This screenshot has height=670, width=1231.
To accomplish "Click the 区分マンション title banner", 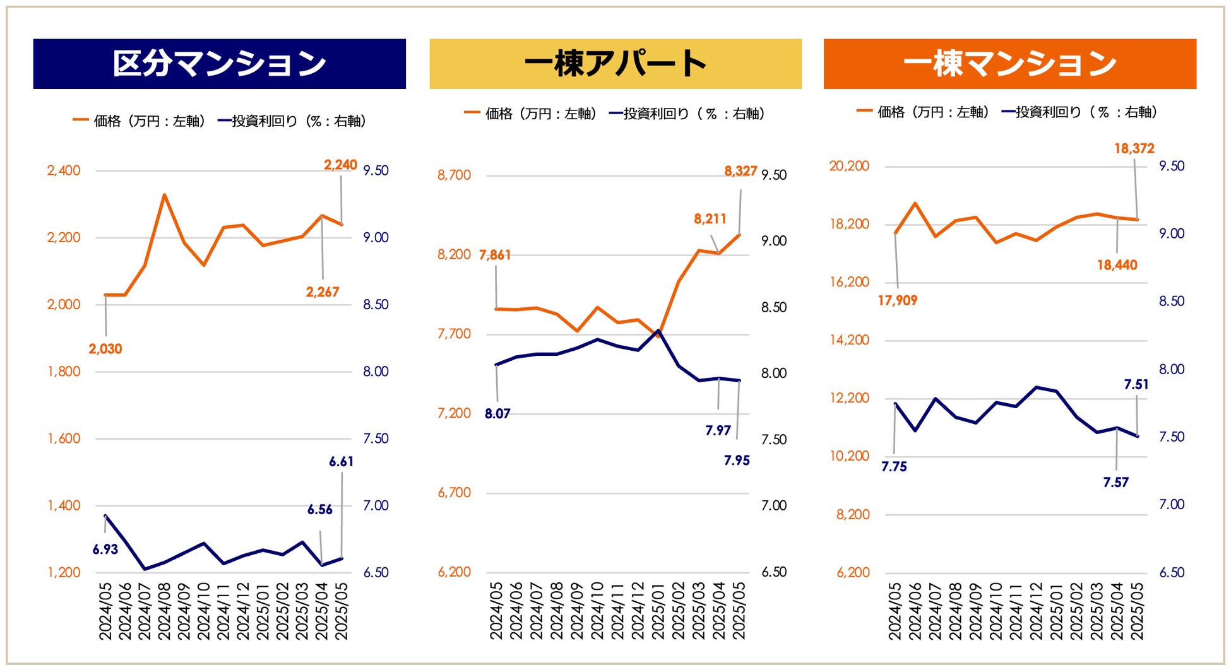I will pos(219,64).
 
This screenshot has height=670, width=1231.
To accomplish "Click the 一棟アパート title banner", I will pos(615,64).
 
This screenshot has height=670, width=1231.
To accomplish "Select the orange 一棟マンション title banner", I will pos(1009,64).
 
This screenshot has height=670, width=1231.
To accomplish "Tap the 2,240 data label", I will pos(340,165).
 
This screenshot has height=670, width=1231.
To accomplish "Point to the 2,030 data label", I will pos(105,349).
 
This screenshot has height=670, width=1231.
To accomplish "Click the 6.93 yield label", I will pos(105,550).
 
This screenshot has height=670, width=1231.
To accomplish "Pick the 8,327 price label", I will pos(740,171).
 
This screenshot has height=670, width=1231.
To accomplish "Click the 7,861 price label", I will pos(495,255).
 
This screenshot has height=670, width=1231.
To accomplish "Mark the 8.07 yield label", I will pos(497,414).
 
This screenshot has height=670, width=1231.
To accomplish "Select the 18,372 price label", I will pos(1134,149).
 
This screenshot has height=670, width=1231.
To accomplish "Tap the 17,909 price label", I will pos(897,301).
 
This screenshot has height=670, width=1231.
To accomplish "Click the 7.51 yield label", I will pos(1136,385).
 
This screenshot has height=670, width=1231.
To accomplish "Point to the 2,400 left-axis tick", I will pos(64,170).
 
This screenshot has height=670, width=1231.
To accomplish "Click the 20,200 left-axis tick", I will pos(849,166).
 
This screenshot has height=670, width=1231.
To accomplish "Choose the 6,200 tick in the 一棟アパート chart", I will pos(455,572).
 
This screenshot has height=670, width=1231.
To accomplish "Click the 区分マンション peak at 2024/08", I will pos(164,195).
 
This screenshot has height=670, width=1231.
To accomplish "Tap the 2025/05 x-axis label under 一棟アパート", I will pos(739,611).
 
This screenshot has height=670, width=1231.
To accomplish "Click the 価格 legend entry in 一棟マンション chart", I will pos(922,112).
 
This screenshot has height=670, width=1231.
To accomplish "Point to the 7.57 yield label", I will pos(1115,483).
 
